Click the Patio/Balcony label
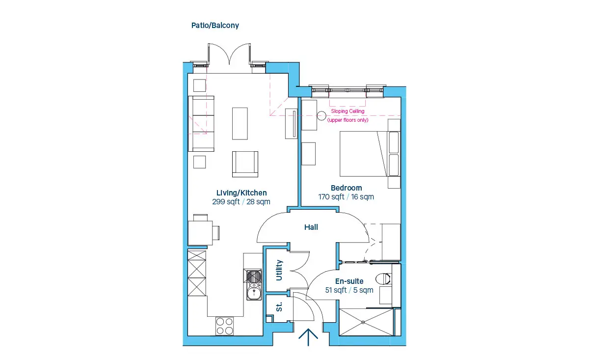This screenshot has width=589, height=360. coord(215,26)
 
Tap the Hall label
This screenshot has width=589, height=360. coord(311,227)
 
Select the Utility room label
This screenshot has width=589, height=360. coord(279,270)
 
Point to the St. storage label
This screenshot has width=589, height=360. coord(279,307)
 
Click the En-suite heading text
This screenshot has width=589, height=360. coord(349,281)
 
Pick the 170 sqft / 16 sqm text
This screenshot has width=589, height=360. coord(346,197)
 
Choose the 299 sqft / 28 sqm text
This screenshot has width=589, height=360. coord(241,202)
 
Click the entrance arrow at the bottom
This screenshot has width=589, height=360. coord(308,337)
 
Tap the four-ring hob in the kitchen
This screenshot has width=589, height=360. coord(225,326)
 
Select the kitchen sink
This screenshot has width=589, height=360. coord(254,284)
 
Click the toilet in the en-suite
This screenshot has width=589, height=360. coord(383,279)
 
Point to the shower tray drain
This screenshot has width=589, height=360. coord(363,322)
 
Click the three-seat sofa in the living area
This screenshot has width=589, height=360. coord(201,124)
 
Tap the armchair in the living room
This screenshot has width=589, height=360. coord(245,164)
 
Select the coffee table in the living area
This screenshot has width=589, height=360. coord(240,123)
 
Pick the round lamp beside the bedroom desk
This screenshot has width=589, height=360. coord(321,116)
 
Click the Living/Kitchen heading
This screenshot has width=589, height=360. coord(241,193)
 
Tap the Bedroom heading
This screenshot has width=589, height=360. coord(347,188)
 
